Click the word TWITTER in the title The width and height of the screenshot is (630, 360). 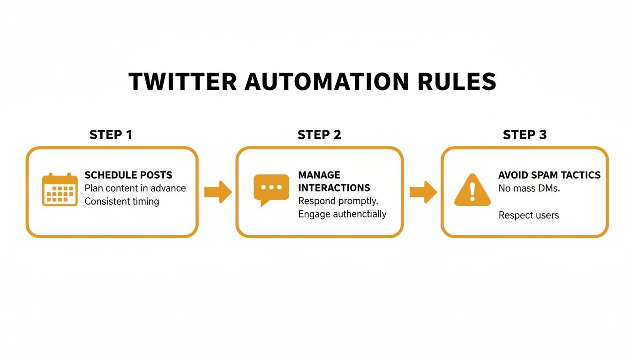[x=182, y=82]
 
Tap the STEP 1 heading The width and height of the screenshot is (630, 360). [x=111, y=135]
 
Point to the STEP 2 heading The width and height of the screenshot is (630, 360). [x=319, y=135]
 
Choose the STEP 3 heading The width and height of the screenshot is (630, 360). [x=525, y=135]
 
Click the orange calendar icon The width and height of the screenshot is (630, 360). [x=60, y=189]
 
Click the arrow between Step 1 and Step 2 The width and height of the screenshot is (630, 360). [x=218, y=192]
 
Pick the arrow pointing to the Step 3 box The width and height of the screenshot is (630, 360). [x=423, y=192]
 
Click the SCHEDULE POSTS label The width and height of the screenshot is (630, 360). [x=128, y=175]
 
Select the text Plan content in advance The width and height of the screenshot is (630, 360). [x=135, y=188]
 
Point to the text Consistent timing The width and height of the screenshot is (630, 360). [x=121, y=202]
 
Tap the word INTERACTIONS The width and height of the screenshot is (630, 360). [x=334, y=188]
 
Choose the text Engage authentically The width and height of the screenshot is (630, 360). [x=342, y=214]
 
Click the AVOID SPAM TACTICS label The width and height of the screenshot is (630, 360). [x=549, y=175]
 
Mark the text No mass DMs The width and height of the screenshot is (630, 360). [x=529, y=188]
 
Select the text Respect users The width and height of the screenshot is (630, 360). [x=528, y=216]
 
